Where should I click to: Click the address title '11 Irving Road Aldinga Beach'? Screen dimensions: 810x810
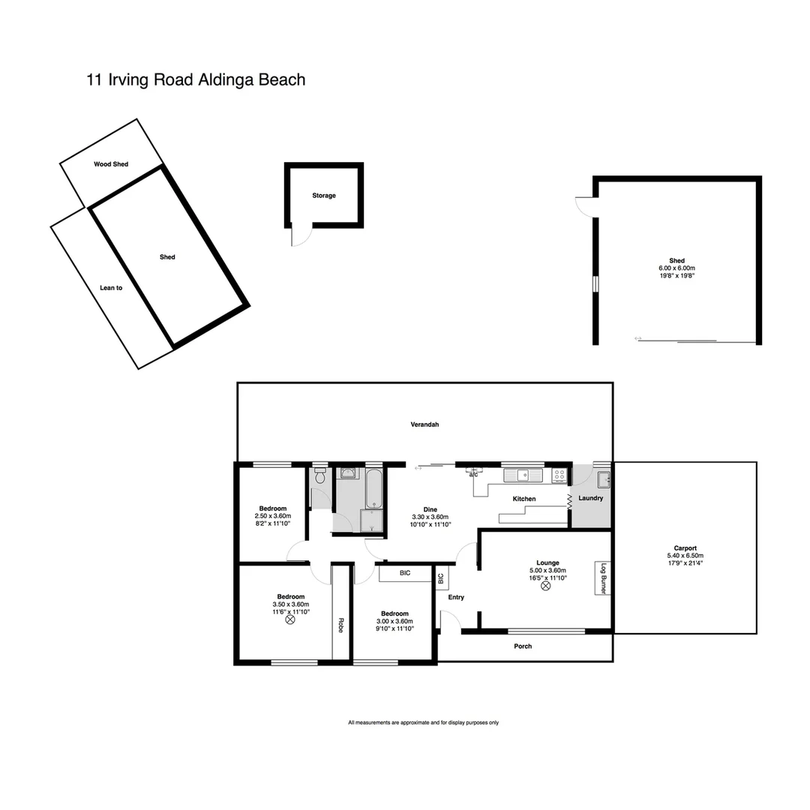click(196, 79)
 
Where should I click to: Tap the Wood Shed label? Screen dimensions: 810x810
click(111, 163)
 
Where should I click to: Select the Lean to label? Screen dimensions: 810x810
click(111, 287)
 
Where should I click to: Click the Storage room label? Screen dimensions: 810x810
click(324, 196)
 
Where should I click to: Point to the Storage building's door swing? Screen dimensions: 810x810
click(301, 236)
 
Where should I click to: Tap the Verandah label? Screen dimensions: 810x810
click(424, 424)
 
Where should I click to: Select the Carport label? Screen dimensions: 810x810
click(685, 548)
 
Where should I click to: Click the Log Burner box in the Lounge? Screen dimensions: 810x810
click(601, 579)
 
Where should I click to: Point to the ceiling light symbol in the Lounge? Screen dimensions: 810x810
click(547, 586)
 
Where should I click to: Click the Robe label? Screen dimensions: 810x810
click(340, 624)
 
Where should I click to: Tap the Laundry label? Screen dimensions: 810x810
click(591, 498)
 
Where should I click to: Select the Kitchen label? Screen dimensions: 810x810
click(524, 499)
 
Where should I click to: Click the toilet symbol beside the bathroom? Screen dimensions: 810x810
click(320, 476)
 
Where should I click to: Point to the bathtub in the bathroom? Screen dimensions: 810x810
click(373, 487)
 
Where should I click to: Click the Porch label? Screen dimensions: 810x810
click(523, 646)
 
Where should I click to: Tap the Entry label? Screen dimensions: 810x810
click(456, 598)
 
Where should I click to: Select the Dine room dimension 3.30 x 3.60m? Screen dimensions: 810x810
click(430, 517)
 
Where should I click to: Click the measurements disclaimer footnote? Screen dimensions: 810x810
click(423, 723)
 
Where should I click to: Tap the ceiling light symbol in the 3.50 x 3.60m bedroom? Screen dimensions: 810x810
click(290, 620)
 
